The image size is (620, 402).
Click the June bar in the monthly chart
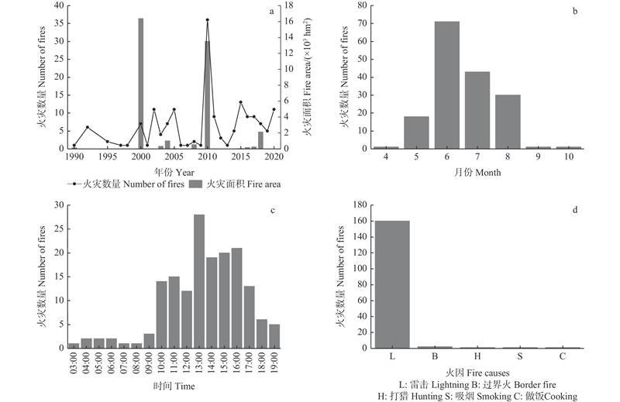pos(446,85)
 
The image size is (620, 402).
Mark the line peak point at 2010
pos(207,20)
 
